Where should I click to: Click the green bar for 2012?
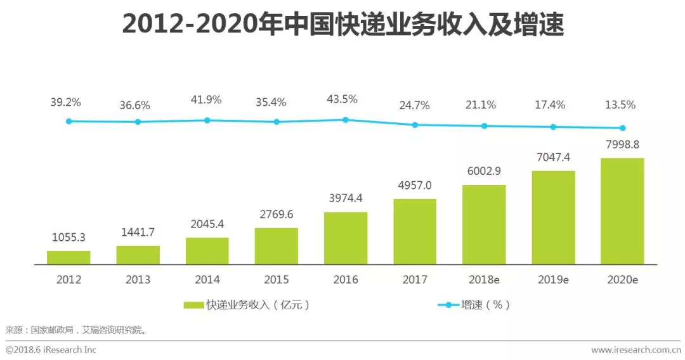point(68,257)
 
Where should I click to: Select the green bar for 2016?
point(346,238)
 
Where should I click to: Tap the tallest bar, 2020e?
point(622,211)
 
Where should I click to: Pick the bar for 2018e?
point(484,224)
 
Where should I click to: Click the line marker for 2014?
point(207,120)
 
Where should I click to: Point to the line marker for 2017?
point(415,125)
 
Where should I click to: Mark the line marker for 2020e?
point(622,128)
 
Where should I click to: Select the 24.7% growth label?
point(415,105)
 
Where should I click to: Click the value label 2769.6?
point(277,214)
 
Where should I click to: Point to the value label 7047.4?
point(553,157)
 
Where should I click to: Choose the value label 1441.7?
point(138,232)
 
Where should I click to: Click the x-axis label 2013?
point(138,280)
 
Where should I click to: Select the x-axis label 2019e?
point(553,280)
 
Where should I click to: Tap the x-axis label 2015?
point(277,280)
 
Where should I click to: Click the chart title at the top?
point(342,25)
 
